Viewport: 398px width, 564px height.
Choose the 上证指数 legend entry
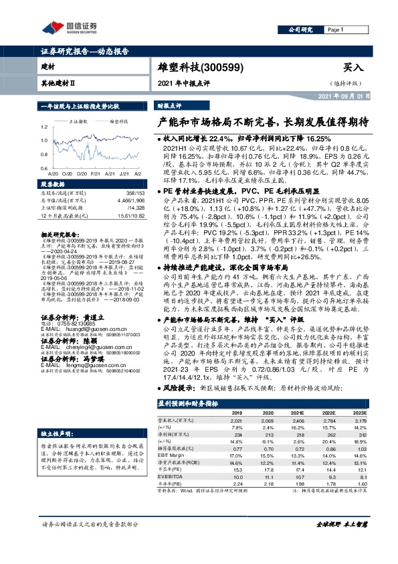80,121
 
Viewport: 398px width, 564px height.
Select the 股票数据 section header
53,184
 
